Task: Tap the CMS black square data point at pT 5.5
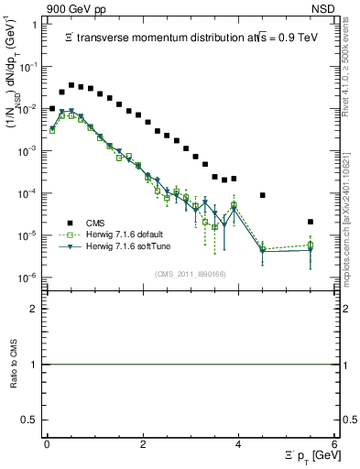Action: (x=311, y=222)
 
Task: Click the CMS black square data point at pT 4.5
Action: (x=263, y=195)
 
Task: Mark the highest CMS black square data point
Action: (x=71, y=85)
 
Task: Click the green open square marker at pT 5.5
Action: (x=311, y=245)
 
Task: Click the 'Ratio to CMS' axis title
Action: (x=15, y=364)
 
